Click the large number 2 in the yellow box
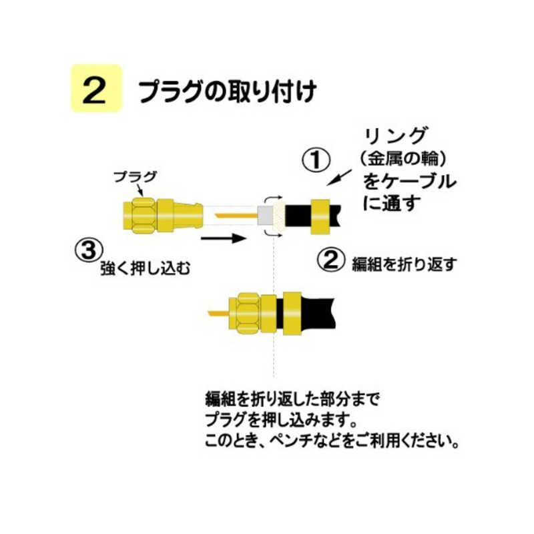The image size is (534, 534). (96, 90)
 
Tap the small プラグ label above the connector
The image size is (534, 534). (135, 177)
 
